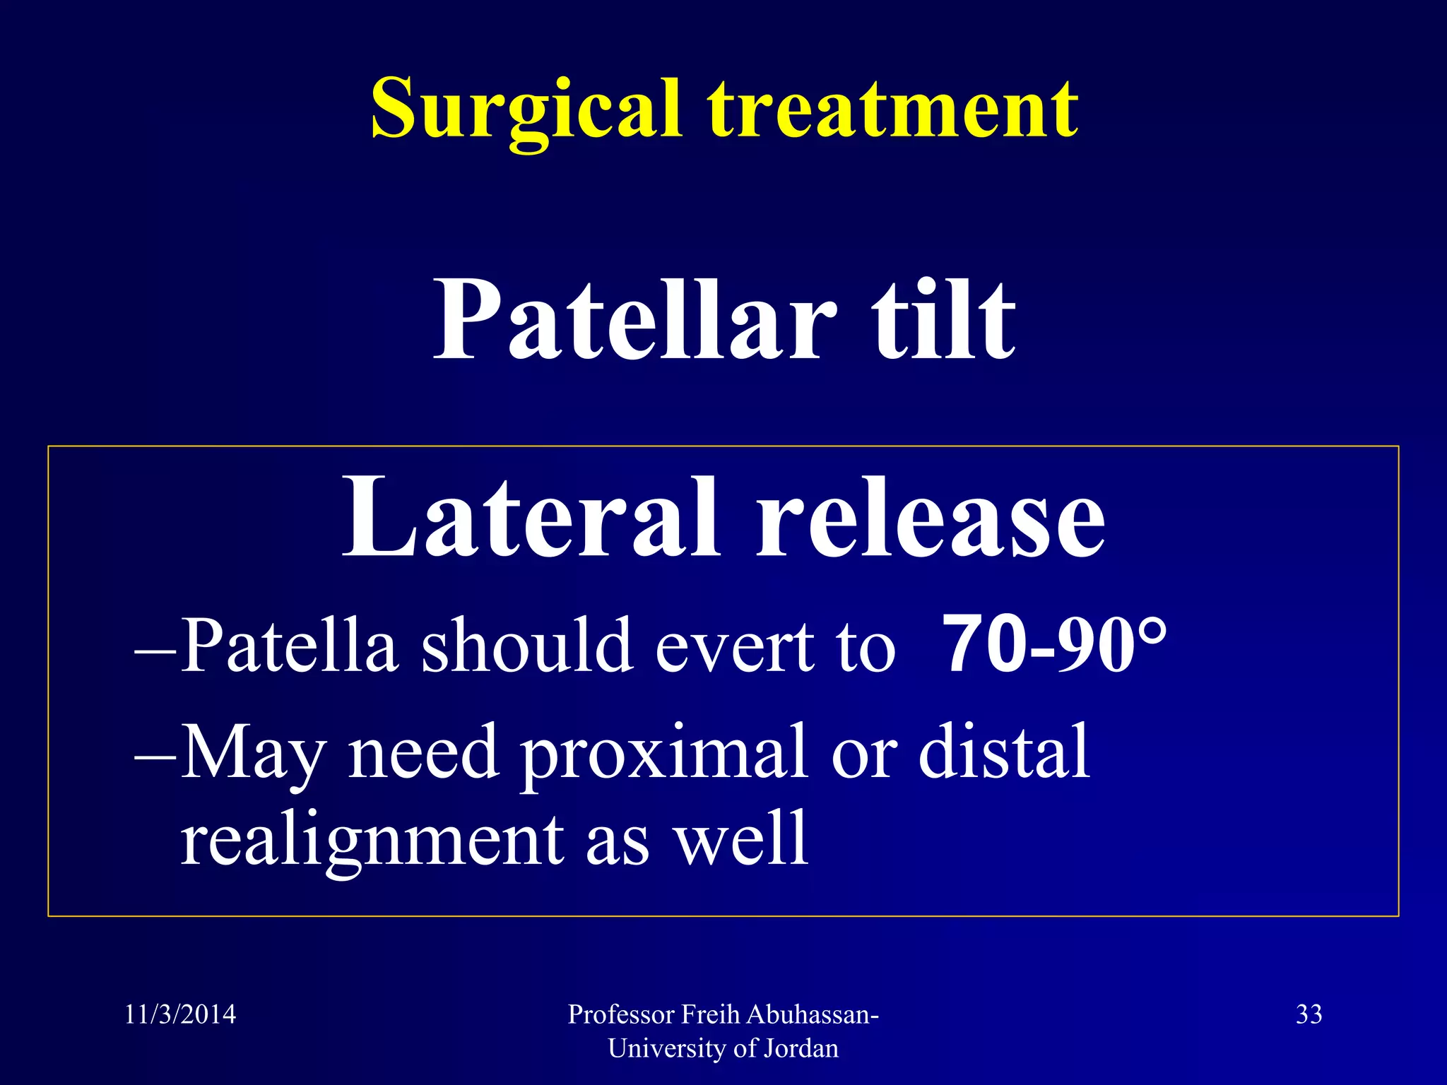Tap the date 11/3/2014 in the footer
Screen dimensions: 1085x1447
tap(180, 1014)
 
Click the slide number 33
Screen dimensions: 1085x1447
tap(1309, 1014)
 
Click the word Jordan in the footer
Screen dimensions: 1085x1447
tap(801, 1048)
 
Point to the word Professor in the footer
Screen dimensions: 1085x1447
tap(622, 1014)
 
